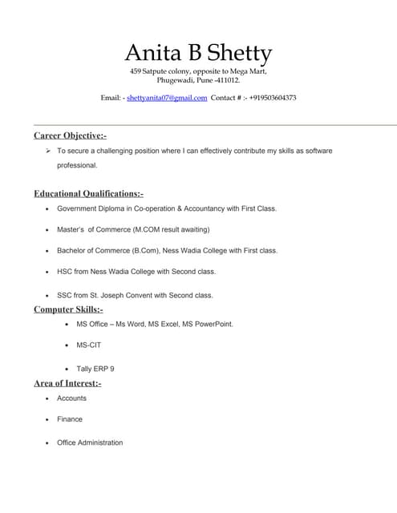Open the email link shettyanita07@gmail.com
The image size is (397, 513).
pos(167,98)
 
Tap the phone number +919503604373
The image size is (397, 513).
pos(261,98)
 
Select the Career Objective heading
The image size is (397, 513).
pos(70,135)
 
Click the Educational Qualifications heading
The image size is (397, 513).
pos(88,193)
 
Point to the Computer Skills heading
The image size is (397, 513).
pos(68,309)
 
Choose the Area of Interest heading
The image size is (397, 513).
pos(67,383)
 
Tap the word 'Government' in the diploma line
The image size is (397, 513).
pos(79,208)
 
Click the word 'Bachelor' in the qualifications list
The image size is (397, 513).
pos(72,250)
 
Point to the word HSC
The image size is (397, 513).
pos(65,271)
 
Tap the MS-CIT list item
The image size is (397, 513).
pos(89,345)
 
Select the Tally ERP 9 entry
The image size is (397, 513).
pos(95,369)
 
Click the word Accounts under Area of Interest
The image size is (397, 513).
pos(71,398)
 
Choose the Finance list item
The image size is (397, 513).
pos(70,418)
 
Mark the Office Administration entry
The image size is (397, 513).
pos(90,442)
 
